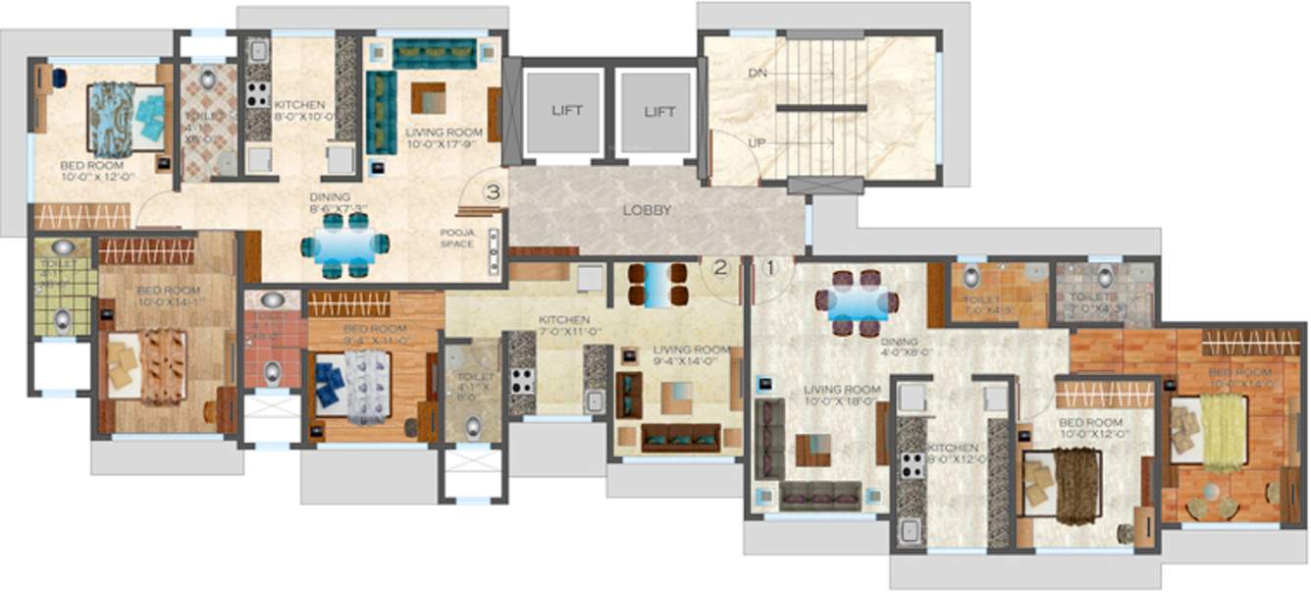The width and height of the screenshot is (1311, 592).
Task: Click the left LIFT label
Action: [566, 111]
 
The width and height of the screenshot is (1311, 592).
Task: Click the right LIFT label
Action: [659, 112]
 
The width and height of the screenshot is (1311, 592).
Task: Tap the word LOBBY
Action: [648, 210]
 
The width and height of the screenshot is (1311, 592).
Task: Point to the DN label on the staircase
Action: [757, 74]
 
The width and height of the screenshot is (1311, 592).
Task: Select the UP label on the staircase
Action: [757, 143]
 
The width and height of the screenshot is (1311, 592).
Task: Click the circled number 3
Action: [493, 192]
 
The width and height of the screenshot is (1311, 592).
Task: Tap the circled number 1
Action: [771, 265]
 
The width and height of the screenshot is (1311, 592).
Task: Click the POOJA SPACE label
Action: [456, 239]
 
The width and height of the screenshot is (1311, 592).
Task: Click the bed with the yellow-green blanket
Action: [1222, 431]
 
